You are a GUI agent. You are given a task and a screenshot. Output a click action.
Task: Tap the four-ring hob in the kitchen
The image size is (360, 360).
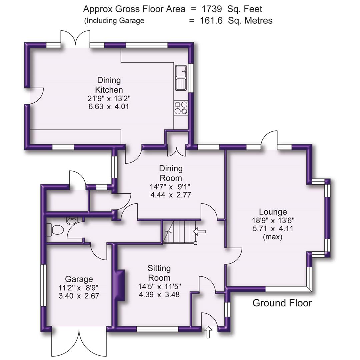181,108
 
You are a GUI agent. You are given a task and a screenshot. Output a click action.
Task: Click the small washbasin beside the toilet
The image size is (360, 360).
72,220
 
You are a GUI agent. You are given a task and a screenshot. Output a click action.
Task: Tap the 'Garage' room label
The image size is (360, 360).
79,279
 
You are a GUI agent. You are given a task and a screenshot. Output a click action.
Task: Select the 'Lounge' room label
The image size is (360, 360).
273,212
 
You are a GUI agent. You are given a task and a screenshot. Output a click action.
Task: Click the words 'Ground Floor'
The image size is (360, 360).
282,303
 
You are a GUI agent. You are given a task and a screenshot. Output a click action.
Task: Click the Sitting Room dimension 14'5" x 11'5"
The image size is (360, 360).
159,286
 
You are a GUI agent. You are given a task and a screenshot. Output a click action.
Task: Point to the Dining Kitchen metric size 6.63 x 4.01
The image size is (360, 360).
109,107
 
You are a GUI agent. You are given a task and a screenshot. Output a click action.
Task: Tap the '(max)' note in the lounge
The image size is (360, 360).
273,237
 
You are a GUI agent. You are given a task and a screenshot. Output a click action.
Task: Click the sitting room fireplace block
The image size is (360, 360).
120,285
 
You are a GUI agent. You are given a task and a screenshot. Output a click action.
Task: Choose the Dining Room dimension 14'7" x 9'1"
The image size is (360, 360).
171,186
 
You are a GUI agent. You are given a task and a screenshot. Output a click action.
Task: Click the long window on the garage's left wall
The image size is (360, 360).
43,285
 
